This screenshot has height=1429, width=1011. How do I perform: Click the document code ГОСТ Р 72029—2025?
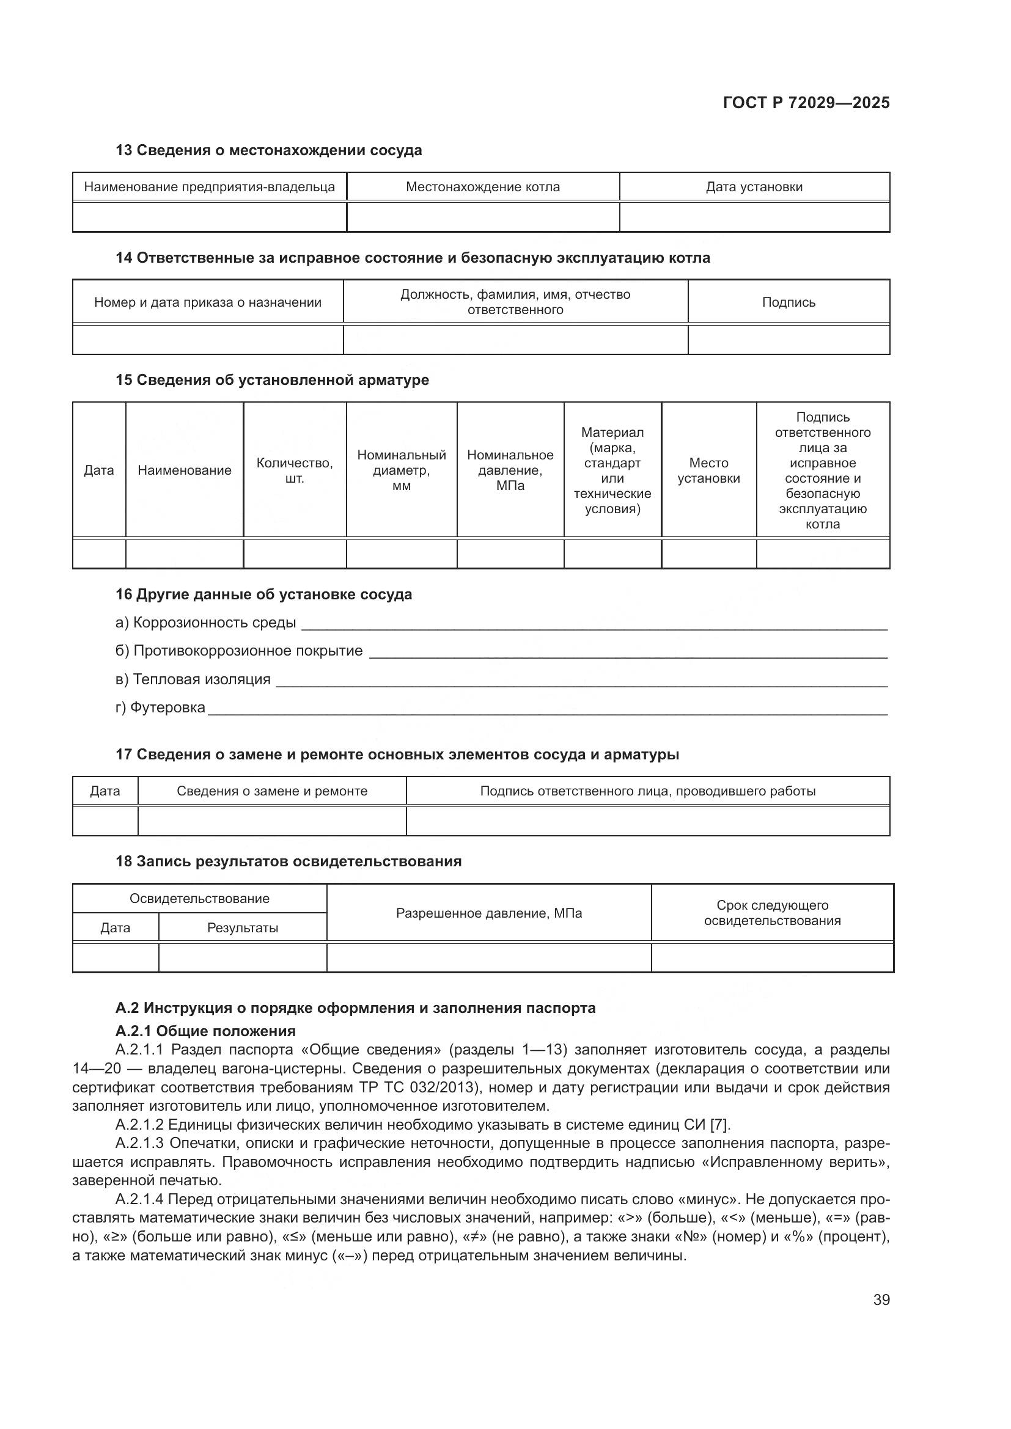(x=806, y=103)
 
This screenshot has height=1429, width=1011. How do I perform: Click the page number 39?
(x=881, y=1299)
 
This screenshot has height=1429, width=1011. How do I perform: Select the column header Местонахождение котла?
(x=482, y=187)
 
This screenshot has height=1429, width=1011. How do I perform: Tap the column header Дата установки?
(x=754, y=187)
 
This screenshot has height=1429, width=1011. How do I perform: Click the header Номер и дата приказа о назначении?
(x=207, y=302)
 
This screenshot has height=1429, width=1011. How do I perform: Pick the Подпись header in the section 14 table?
(x=788, y=302)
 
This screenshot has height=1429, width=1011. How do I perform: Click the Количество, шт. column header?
(x=295, y=470)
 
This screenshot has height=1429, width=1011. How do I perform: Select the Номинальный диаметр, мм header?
(x=402, y=470)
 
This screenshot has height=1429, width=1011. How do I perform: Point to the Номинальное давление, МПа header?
(x=510, y=470)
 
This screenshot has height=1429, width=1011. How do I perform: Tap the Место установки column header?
(x=708, y=470)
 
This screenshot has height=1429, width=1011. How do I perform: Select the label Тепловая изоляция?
(x=201, y=679)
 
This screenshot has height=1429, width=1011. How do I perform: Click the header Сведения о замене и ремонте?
(x=272, y=791)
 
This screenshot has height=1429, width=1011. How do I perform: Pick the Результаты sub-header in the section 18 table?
(x=242, y=928)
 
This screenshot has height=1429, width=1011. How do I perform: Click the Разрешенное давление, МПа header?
(x=489, y=913)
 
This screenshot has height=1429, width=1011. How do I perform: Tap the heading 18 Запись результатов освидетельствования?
(x=289, y=861)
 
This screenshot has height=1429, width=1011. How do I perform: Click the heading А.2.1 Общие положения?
(x=205, y=1031)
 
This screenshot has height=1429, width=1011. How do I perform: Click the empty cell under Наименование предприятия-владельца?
(x=209, y=217)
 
